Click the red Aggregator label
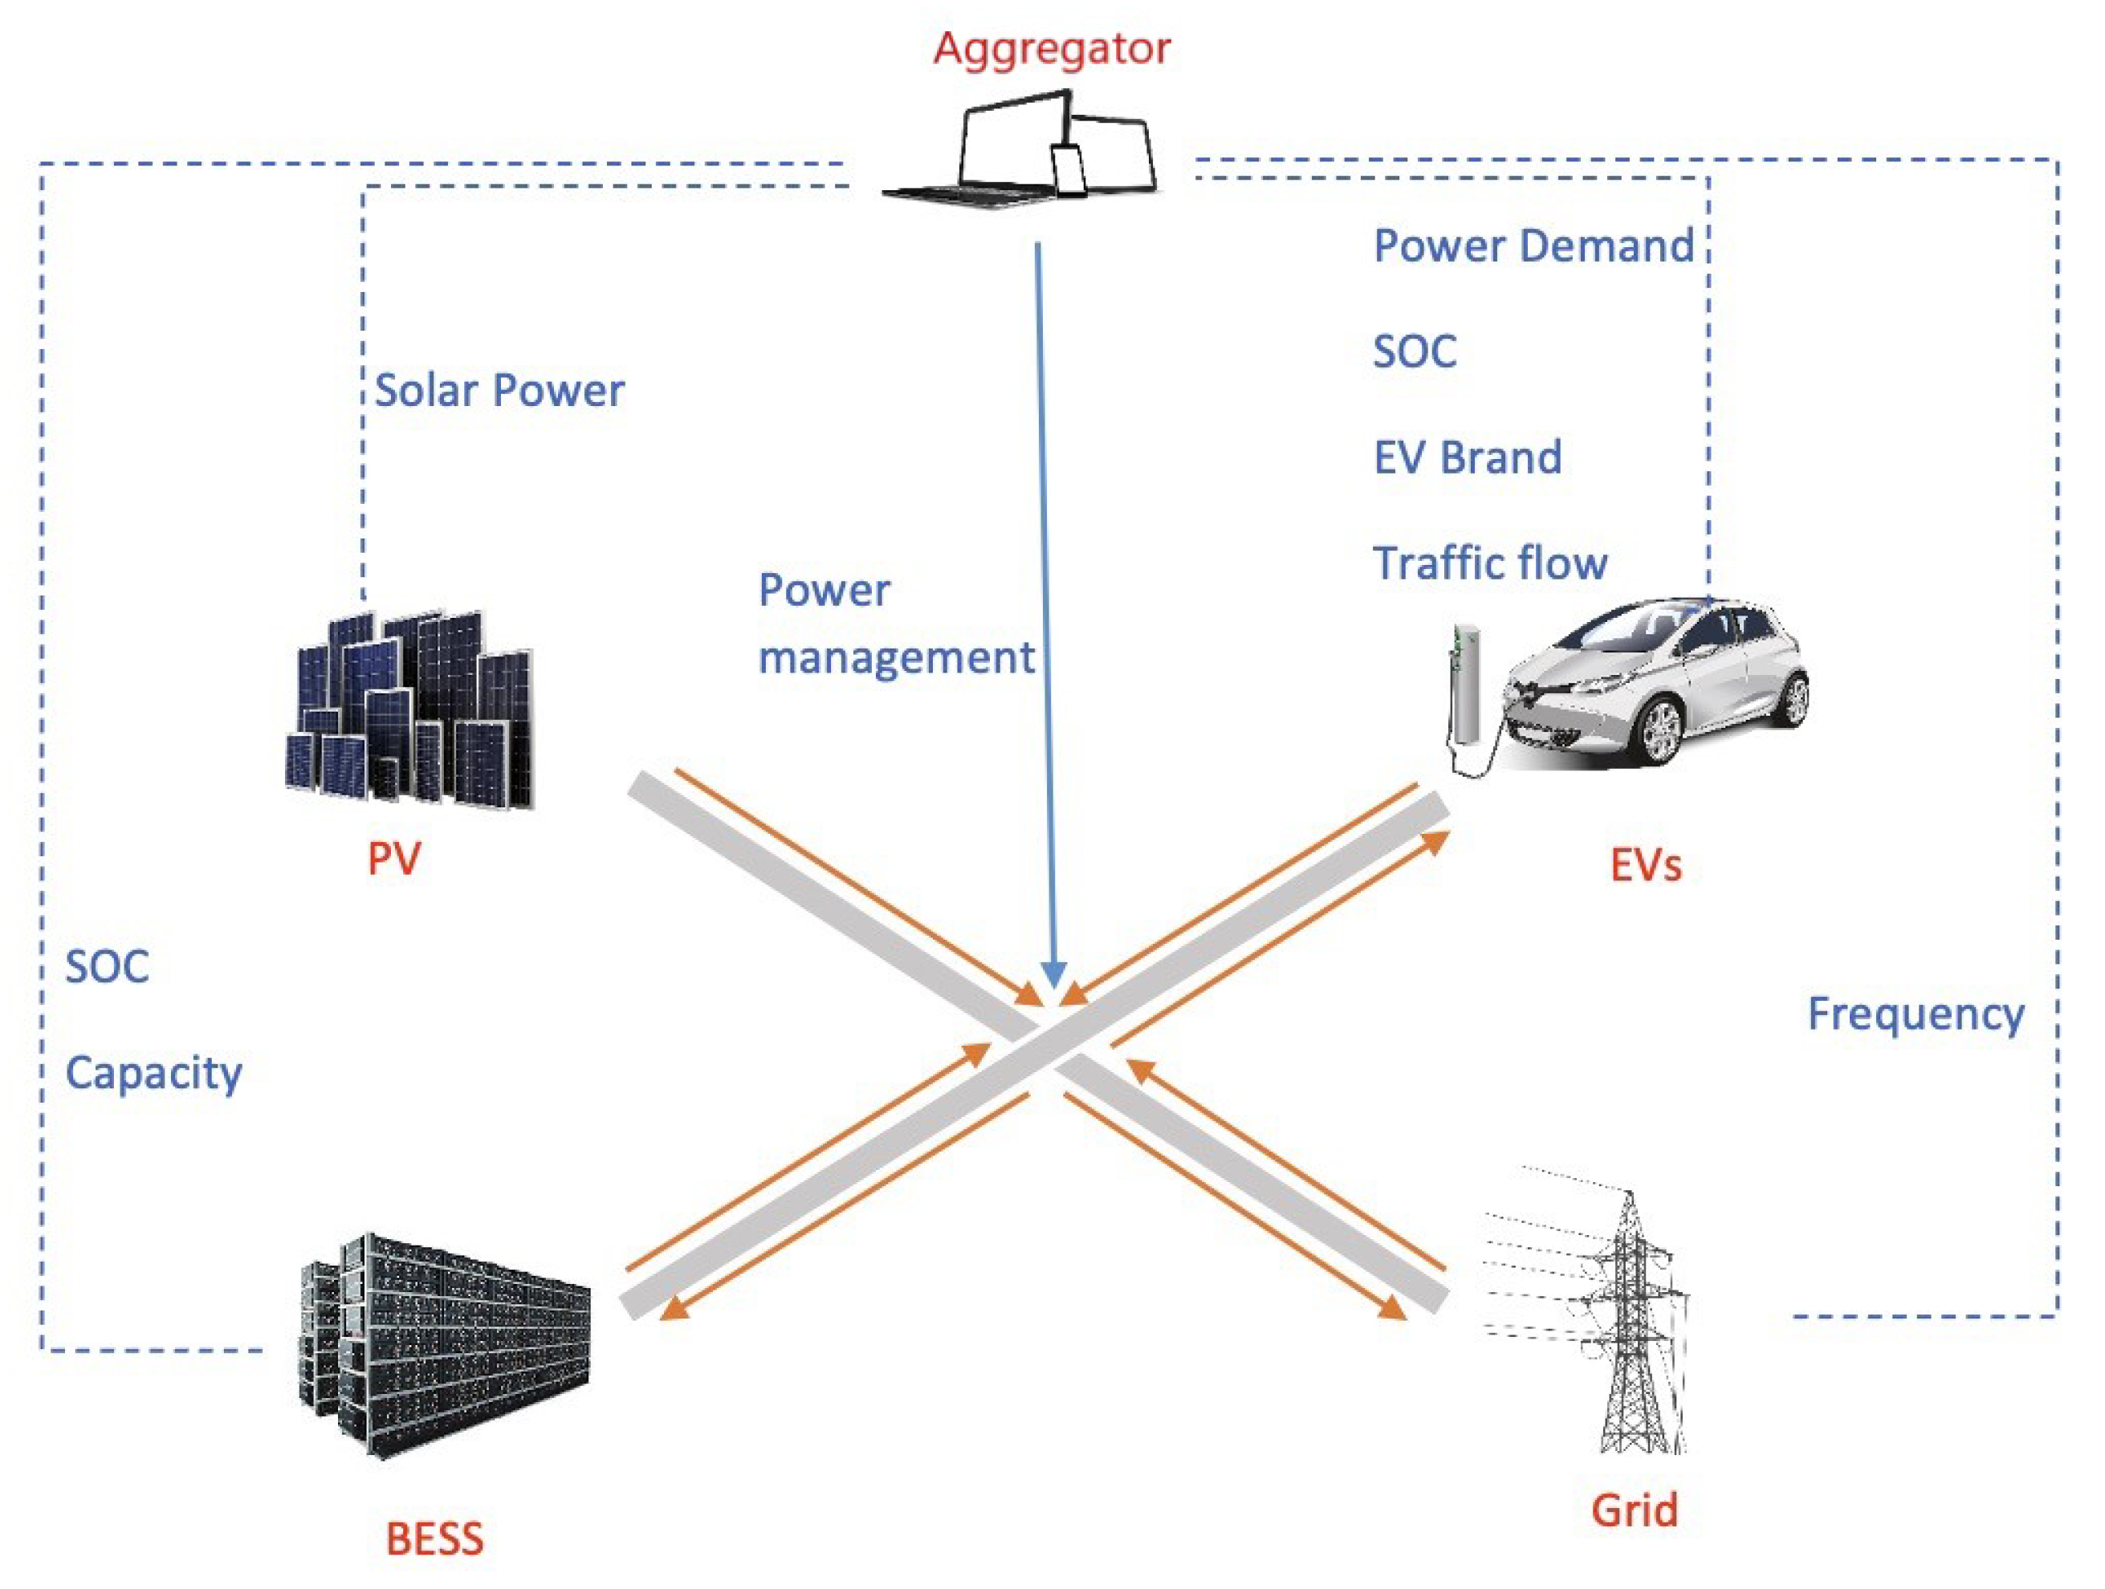(x=1052, y=47)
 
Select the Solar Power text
(x=499, y=390)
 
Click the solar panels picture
(x=410, y=709)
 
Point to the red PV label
(x=393, y=860)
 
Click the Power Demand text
(x=1533, y=246)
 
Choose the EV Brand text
(x=1467, y=457)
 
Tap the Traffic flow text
(x=1489, y=563)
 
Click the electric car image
(x=1656, y=681)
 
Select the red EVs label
(x=1645, y=865)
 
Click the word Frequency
(x=1915, y=1014)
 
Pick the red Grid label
(x=1634, y=1510)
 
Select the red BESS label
(x=434, y=1538)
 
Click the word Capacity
(x=153, y=1073)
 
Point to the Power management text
(x=894, y=624)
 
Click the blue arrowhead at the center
(x=1052, y=975)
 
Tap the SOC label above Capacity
(x=107, y=967)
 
